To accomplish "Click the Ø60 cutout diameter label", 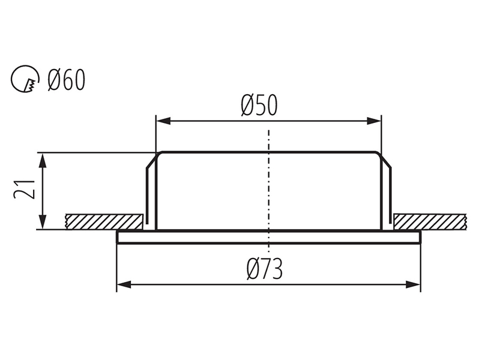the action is pos(66,80).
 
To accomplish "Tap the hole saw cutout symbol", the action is pos(25,79).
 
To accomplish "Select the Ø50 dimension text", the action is pos(259,106).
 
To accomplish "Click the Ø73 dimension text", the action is pos(265,269).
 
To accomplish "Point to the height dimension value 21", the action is pos(25,190).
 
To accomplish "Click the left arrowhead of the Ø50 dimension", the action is pos(163,121).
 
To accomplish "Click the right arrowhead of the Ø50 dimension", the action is pos(374,121).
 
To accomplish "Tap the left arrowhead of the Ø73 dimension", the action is pos(124,285).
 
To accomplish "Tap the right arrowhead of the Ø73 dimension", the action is pos(413,285).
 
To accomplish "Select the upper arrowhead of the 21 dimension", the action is pos(43,160).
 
